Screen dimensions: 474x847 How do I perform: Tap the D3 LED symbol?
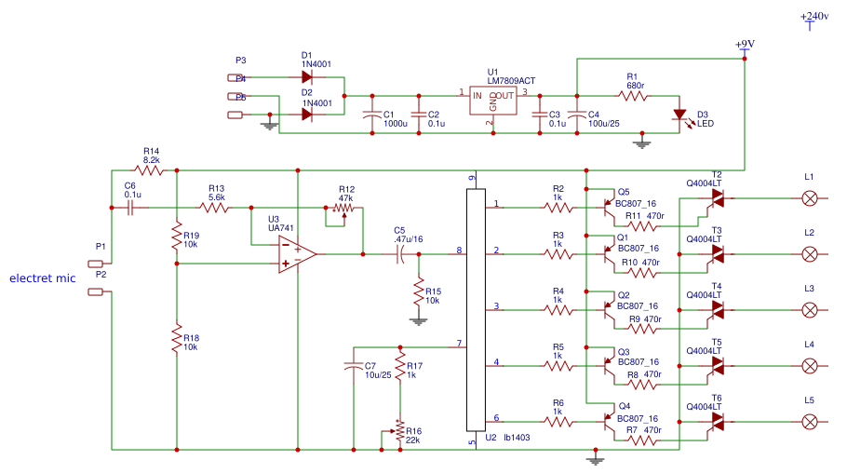click(681, 115)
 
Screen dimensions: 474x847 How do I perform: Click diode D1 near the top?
click(306, 77)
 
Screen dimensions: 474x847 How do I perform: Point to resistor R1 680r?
click(635, 96)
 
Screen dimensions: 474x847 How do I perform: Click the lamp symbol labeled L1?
click(810, 197)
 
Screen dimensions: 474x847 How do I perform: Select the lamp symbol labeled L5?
click(810, 422)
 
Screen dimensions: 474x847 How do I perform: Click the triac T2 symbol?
click(717, 197)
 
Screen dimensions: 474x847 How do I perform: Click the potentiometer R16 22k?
click(400, 431)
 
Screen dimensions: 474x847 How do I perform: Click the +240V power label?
click(813, 17)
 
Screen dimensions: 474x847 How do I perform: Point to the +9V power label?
click(745, 45)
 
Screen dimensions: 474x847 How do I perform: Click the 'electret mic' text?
click(42, 278)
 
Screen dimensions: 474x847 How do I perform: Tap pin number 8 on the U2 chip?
click(459, 250)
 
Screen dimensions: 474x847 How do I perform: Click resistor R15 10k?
click(419, 295)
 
